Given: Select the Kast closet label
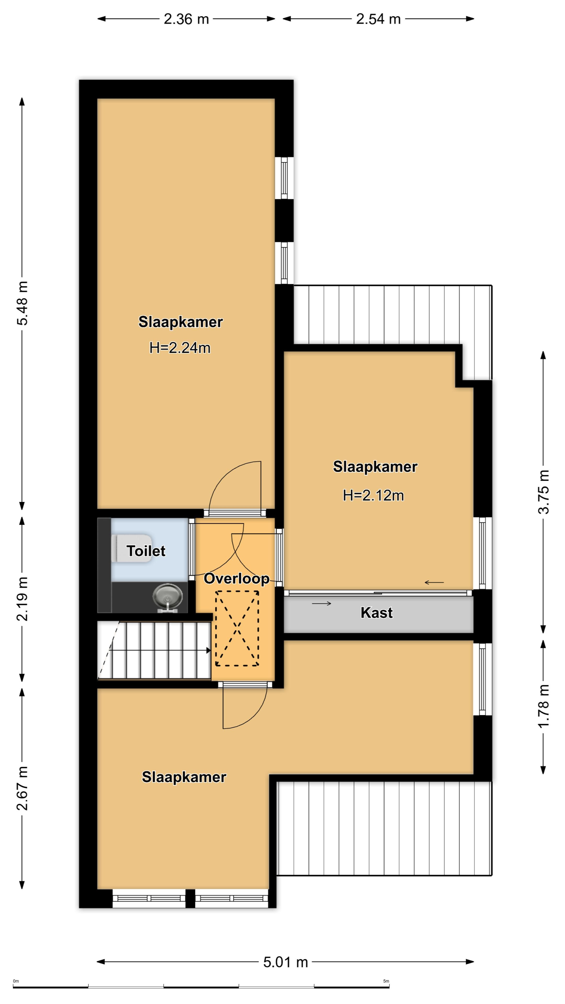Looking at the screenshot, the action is (376, 613).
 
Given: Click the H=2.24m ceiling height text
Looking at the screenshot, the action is (180, 348).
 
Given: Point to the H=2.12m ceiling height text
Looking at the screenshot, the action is (373, 495).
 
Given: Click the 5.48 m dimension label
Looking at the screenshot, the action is (22, 303).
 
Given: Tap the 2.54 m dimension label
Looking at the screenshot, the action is (378, 19).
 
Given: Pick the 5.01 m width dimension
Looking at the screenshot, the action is (285, 962).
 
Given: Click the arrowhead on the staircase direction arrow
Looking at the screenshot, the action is (209, 651).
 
